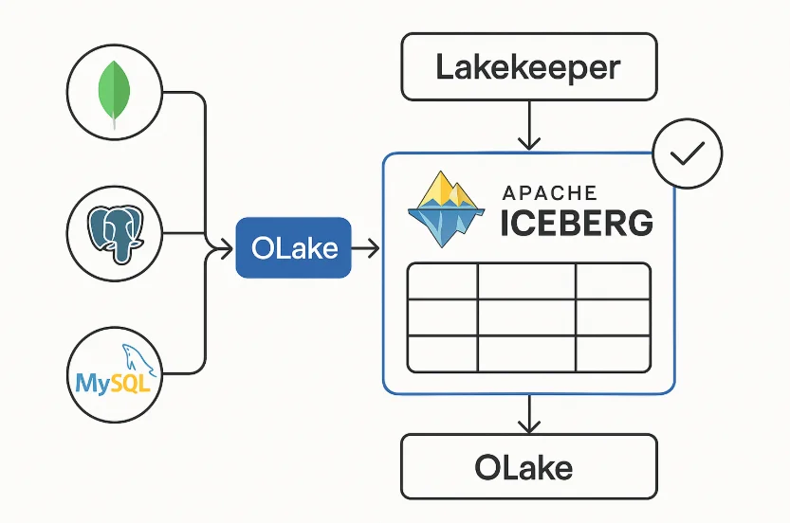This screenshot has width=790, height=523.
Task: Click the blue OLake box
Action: coord(293,248)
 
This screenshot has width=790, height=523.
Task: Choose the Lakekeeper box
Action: coord(528,67)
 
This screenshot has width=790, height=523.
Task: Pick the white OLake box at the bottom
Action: coord(528,466)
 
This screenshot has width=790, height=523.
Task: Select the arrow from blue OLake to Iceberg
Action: coord(366,248)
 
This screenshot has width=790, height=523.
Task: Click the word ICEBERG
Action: coord(577,224)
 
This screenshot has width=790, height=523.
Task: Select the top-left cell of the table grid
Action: coord(441,282)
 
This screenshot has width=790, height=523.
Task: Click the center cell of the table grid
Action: coord(526,318)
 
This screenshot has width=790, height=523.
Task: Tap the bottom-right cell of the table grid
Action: coord(613,353)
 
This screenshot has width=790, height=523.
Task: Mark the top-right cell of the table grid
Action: coord(613,282)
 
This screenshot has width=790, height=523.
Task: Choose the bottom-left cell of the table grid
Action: coord(441,353)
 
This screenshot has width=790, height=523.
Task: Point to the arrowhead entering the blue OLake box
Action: coord(229,248)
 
